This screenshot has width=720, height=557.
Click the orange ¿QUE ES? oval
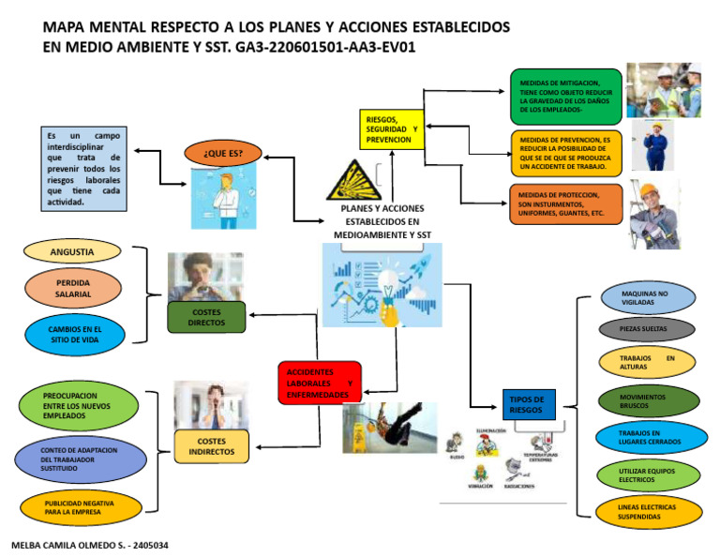coord(223,153)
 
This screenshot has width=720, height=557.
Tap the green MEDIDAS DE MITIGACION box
coord(565,97)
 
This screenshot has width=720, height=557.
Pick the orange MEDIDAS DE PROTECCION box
coord(565,204)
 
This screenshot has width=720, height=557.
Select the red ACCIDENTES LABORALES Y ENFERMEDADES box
coord(319,383)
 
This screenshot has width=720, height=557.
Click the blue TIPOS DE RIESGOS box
coord(529,404)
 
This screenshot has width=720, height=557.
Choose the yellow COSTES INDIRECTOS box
coord(212,446)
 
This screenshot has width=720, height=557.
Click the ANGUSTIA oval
coord(72,251)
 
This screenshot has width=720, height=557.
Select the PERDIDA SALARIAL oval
coord(72,288)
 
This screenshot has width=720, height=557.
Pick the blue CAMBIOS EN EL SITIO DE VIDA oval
coord(73,334)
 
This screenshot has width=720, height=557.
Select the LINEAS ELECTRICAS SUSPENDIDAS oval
coord(646,512)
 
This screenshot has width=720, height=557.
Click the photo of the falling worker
coord(390,428)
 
